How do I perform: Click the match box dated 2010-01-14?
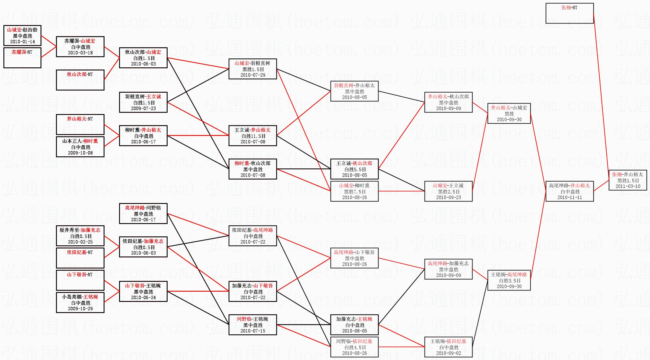tap(22, 36)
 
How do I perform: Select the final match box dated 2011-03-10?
tap(628, 180)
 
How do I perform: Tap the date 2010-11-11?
tap(570, 197)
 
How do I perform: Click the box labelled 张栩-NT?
tap(569, 13)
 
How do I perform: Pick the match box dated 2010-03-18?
tap(80, 47)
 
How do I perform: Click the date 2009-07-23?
tap(143, 108)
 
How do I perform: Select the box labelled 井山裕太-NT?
tap(80, 125)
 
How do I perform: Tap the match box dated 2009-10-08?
tap(80, 147)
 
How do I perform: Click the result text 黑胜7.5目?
tap(355, 192)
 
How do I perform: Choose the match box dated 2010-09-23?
tap(448, 191)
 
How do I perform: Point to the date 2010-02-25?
tap(80, 242)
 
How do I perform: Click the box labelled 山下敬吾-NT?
tap(80, 280)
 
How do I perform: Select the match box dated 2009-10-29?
tap(80, 303)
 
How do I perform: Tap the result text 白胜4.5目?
tap(355, 347)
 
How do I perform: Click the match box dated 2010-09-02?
tap(448, 347)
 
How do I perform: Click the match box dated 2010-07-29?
tap(253, 69)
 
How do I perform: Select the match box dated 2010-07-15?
tap(253, 325)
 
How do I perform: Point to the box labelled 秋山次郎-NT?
tap(80, 80)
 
